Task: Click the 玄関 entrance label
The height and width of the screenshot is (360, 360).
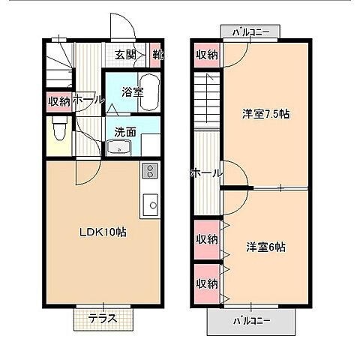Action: point(125,55)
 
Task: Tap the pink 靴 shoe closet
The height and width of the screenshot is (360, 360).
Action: point(155,55)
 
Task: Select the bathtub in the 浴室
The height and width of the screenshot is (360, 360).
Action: point(149,92)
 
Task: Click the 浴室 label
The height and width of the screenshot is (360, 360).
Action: point(133,92)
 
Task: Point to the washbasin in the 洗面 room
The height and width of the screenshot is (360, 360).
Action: point(119,148)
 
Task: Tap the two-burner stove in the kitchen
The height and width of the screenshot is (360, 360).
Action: point(150,170)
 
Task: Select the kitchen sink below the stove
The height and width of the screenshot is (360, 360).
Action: point(150,205)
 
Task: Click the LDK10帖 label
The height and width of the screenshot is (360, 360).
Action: point(103,232)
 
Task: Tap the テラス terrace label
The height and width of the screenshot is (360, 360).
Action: point(103,318)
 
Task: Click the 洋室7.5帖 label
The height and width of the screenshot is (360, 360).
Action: point(266,114)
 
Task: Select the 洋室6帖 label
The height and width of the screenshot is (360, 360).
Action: point(265,247)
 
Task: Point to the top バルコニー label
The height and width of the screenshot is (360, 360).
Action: point(250,32)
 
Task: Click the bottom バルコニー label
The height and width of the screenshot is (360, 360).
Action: point(251,320)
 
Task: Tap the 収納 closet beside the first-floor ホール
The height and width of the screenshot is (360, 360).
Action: point(59,101)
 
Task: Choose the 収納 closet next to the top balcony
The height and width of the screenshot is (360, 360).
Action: point(207,55)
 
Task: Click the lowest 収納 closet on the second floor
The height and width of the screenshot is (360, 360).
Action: point(207,283)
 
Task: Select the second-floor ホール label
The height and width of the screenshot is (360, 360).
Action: point(206,173)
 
